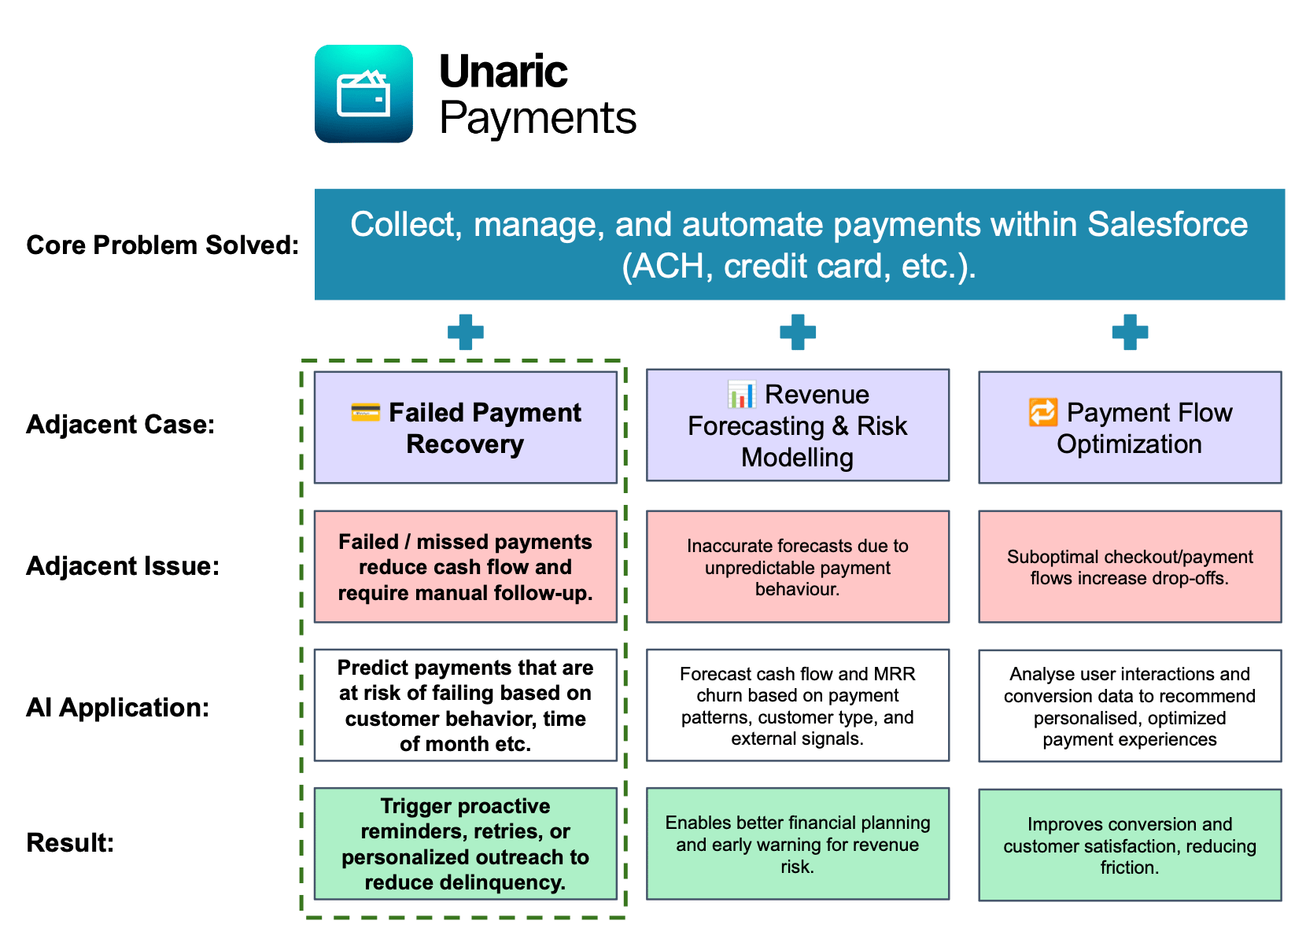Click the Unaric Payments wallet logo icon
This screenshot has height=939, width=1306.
[x=363, y=94]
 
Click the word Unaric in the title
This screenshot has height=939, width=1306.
[x=503, y=72]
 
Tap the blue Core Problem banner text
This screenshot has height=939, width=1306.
[x=799, y=245]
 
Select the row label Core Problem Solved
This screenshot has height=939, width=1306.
[x=162, y=245]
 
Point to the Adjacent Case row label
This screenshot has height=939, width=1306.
[x=120, y=425]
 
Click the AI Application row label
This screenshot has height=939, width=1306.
[x=118, y=708]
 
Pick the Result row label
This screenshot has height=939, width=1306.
[x=70, y=843]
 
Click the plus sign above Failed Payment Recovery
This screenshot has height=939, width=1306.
[x=466, y=332]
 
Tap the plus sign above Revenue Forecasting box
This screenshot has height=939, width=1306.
[x=798, y=332]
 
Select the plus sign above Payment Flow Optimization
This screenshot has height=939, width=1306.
[x=1130, y=332]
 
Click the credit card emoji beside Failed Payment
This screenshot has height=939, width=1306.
[x=366, y=411]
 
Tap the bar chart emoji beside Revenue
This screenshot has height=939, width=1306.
[x=742, y=394]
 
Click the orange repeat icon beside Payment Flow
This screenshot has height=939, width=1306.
[x=1043, y=412]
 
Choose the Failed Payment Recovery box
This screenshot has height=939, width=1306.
[x=466, y=428]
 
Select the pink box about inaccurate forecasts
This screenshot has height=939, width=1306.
[x=798, y=567]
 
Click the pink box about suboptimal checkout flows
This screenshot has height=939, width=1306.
[x=1130, y=567]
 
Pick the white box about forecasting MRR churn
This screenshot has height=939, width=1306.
[x=798, y=705]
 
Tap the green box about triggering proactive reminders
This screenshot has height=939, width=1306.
[x=466, y=844]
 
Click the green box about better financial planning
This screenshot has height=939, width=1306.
[x=798, y=844]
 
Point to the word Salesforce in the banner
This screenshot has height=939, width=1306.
[x=1168, y=225]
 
